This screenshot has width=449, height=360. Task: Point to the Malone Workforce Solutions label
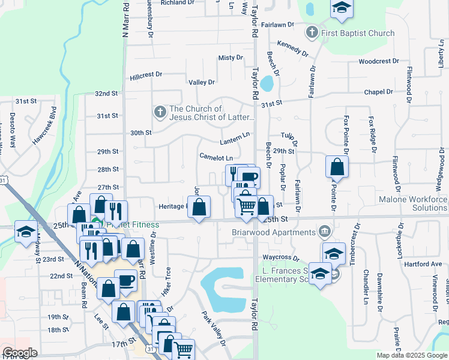(412, 203)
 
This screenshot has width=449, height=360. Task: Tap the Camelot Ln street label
(216, 157)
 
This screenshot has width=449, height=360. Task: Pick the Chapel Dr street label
(378, 92)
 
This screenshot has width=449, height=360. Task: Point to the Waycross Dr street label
(280, 258)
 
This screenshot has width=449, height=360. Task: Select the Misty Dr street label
(231, 58)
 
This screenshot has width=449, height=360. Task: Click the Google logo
(20, 353)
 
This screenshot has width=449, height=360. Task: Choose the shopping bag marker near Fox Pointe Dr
(337, 167)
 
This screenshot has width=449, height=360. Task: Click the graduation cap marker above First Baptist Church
(342, 8)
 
